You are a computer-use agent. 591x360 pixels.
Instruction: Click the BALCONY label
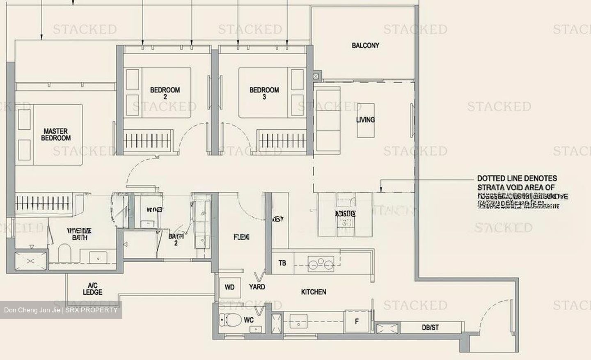365,46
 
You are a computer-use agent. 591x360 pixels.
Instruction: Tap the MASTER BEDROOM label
56,135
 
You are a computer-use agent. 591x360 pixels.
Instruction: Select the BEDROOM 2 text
165,93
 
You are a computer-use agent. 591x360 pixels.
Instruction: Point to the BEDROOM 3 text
264,93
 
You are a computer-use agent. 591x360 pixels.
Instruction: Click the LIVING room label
365,119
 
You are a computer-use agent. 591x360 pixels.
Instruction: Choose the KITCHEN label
314,292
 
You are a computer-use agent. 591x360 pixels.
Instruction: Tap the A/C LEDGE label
92,289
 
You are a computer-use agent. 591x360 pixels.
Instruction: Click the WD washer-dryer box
229,287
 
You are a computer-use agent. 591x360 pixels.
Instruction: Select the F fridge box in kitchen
357,321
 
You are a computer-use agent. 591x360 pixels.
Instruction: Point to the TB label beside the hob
282,263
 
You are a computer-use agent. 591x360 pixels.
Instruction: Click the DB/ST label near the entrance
430,328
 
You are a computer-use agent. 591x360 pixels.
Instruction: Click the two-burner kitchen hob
321,264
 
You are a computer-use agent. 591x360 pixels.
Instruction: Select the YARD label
257,287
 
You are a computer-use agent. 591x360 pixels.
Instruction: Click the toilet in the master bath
65,253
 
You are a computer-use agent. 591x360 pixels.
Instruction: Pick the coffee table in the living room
365,120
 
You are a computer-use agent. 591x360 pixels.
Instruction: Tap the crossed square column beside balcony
316,76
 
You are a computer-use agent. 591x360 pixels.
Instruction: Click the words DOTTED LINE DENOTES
517,179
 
